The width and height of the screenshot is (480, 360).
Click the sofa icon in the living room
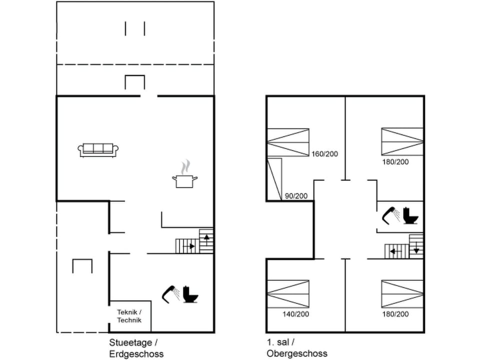click(98, 149)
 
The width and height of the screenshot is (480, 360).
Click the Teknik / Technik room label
click(129, 316)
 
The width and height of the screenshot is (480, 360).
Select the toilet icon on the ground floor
click(190, 294)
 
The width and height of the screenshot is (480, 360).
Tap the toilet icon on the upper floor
click(411, 215)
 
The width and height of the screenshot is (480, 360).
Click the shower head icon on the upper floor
click(390, 214)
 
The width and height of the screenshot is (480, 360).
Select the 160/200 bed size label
click(324, 154)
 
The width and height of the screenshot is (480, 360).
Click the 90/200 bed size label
click(295, 195)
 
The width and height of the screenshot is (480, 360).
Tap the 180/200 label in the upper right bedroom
click(395, 162)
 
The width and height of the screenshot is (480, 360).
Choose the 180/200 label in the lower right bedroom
click(395, 314)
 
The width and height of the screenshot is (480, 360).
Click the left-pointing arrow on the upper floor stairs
click(393, 251)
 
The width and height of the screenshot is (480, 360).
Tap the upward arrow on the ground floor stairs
click(207, 237)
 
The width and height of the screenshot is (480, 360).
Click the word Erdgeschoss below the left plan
click(136, 354)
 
